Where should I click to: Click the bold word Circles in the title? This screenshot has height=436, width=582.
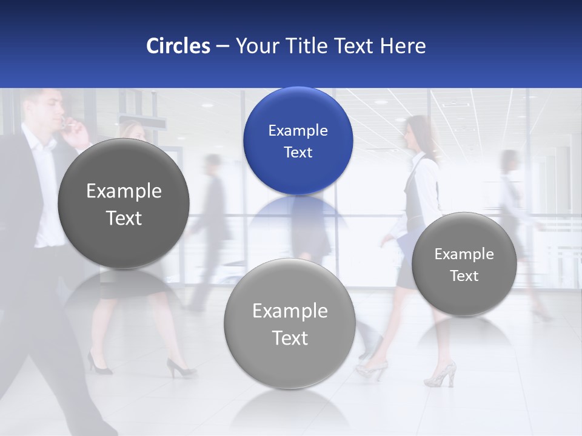(178, 46)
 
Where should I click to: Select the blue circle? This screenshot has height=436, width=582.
(298, 140)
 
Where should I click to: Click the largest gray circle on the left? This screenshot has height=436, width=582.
(124, 203)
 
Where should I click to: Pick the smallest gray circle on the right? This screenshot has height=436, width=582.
(464, 264)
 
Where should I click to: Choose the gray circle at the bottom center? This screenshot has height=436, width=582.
(290, 323)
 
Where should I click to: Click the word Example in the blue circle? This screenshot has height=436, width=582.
(298, 130)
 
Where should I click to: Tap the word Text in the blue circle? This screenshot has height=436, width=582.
(298, 152)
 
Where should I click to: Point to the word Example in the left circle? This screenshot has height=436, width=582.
(124, 191)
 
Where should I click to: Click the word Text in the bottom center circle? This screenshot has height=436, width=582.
(290, 337)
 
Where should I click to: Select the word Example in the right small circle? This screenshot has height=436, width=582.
(464, 254)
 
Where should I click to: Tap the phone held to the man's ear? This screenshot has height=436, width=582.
(67, 124)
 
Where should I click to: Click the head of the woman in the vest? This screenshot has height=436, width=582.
(418, 130)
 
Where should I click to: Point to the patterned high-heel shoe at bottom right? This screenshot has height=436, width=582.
(441, 374)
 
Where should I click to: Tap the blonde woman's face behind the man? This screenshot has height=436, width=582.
(133, 132)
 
